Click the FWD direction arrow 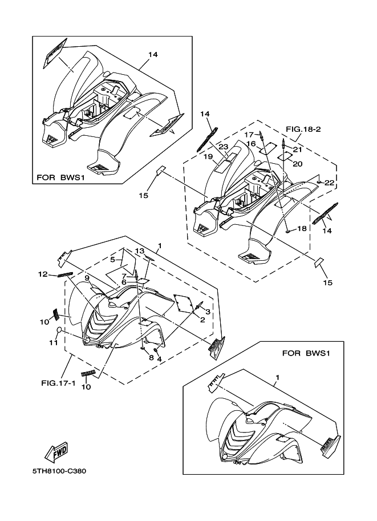tap(57, 453)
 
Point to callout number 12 tap(42, 274)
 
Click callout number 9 tap(87, 278)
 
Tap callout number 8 tap(151, 358)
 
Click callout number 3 tap(208, 312)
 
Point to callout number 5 tap(113, 260)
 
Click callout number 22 tap(329, 183)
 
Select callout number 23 tap(224, 147)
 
